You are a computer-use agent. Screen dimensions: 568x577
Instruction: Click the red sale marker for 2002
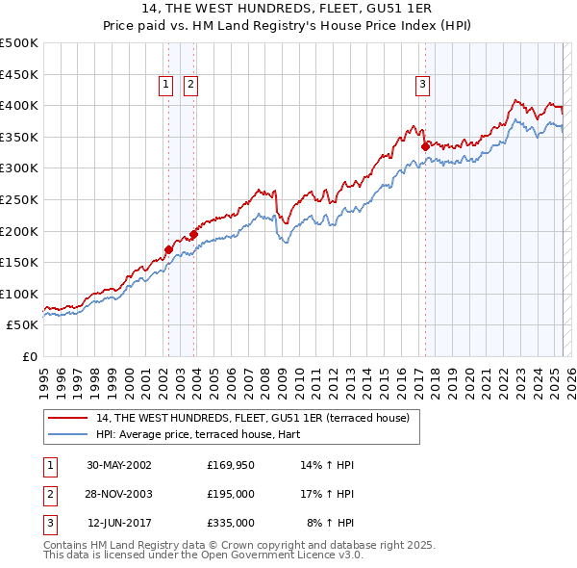point(168,249)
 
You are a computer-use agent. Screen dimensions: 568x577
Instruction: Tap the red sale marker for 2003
point(194,234)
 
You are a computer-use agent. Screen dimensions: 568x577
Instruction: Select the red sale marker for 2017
point(424,146)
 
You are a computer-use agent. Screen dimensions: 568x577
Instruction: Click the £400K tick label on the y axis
point(19,105)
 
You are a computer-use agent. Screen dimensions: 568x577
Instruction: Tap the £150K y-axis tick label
point(19,262)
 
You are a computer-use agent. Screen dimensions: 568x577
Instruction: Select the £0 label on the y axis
point(31,356)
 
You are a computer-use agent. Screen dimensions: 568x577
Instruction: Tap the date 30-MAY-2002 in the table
point(119,465)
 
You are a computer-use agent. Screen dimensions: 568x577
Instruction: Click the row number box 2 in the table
point(48,494)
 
